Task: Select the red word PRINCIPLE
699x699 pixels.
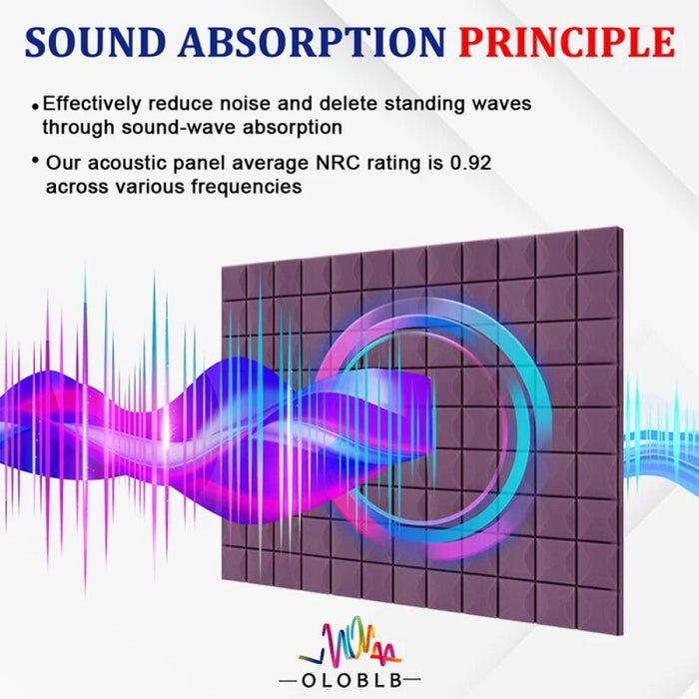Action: tap(566, 42)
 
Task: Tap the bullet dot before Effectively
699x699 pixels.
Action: tap(36, 105)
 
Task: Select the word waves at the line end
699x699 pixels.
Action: tap(502, 103)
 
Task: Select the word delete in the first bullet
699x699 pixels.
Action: tap(349, 103)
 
